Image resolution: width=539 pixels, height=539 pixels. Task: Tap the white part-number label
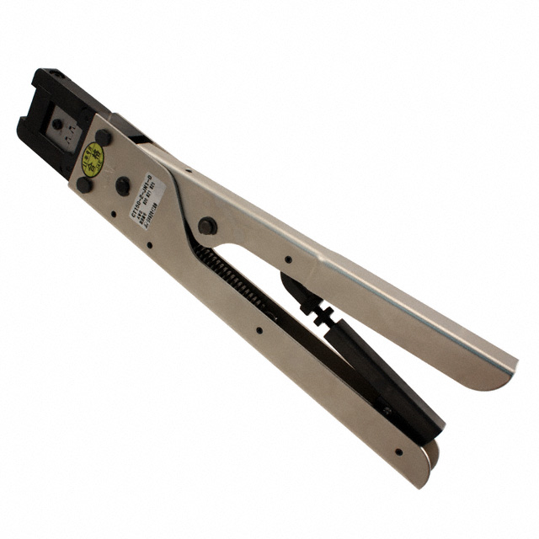click(147, 202)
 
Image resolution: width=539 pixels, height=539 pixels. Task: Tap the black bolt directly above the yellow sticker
click(104, 136)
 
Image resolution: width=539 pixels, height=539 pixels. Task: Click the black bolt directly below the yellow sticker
click(84, 184)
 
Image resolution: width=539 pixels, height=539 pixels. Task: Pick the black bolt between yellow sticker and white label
click(123, 185)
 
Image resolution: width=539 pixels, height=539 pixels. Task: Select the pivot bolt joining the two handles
click(206, 226)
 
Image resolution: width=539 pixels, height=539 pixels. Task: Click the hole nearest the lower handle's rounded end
click(398, 451)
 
